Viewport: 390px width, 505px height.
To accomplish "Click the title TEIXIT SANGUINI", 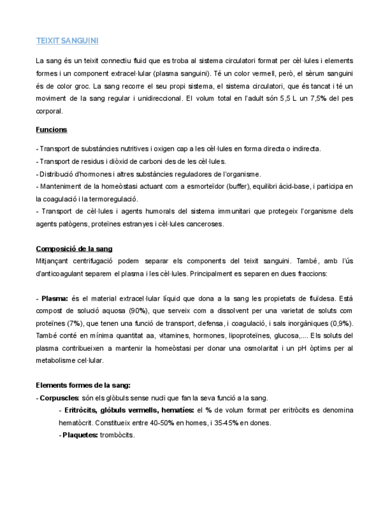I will click(67, 41).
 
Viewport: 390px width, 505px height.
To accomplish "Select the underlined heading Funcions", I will click(51, 129).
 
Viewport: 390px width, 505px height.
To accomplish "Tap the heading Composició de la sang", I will click(74, 248).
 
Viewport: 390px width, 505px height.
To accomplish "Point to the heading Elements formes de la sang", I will click(83, 385).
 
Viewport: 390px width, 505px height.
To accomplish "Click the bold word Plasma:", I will click(54, 298).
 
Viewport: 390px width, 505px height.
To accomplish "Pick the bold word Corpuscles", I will click(59, 398).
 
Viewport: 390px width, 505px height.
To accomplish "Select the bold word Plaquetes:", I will click(80, 435).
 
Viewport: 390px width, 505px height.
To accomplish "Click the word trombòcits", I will click(117, 435).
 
